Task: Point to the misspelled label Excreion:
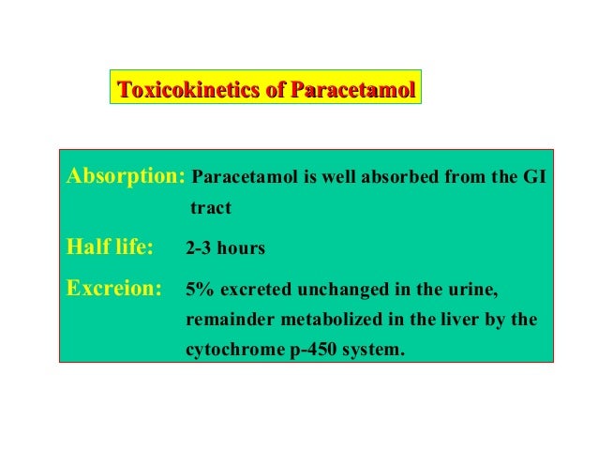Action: pyautogui.click(x=112, y=288)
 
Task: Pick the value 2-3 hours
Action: pyautogui.click(x=225, y=249)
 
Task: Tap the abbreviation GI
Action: pyautogui.click(x=533, y=176)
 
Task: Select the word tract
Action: pyautogui.click(x=210, y=205)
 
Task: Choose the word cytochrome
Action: pyautogui.click(x=231, y=352)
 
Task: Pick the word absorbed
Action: pyautogui.click(x=390, y=176)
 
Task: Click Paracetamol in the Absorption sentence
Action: pyautogui.click(x=243, y=176)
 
